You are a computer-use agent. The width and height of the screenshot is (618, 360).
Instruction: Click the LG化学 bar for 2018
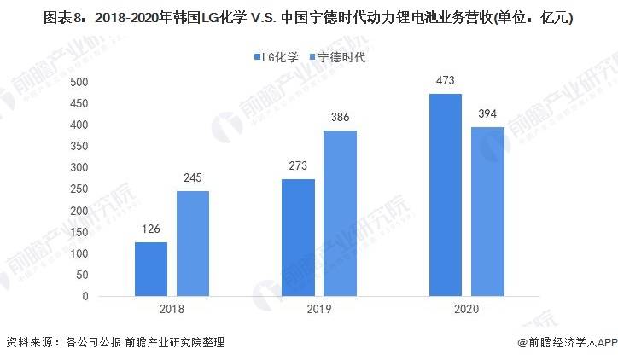[x=151, y=270]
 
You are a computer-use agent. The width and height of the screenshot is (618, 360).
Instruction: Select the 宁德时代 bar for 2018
[x=193, y=244]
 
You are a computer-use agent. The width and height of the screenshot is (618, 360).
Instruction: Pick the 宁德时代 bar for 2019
[x=341, y=213]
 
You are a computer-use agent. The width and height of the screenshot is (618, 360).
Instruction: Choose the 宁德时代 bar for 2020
[x=487, y=212]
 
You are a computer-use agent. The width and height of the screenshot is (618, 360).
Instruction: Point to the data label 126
[x=151, y=230]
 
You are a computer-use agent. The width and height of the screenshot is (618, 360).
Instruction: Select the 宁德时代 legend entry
[x=336, y=57]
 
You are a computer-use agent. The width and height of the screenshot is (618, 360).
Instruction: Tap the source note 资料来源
[x=114, y=343]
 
